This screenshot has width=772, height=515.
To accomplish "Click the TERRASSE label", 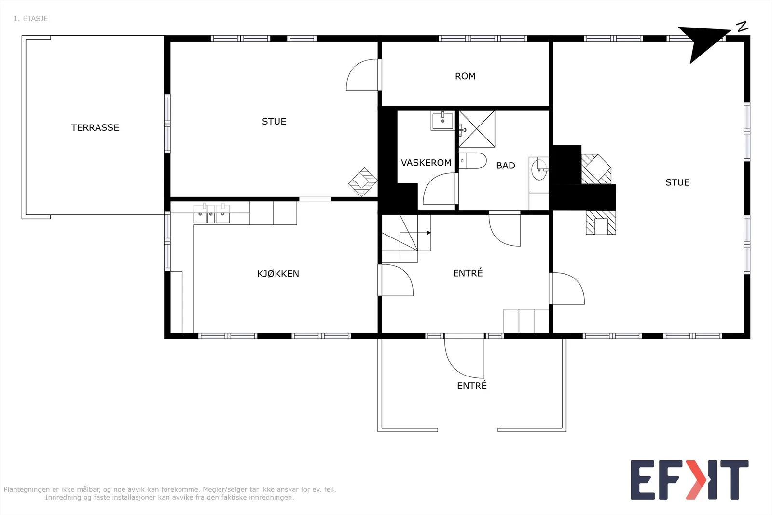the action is [95, 127].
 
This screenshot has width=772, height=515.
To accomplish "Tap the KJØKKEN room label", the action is [278, 274].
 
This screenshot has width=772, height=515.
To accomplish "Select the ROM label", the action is [465, 76].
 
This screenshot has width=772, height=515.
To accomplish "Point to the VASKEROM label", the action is [426, 163].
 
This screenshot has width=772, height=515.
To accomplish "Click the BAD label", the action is [506, 166].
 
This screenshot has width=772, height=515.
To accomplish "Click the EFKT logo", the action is [689, 479].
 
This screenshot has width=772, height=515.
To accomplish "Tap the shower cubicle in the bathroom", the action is [477, 129].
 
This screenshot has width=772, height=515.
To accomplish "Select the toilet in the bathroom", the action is [472, 161].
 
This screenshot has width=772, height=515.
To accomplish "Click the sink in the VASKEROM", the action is [442, 120].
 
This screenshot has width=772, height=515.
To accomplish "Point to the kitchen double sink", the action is [212, 213].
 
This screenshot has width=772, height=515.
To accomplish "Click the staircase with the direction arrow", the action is [406, 238].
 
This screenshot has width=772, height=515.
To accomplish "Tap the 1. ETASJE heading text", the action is [31, 19].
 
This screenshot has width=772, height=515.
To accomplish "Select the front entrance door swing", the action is [464, 359].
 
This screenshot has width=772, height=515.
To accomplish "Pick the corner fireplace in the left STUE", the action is [362, 182].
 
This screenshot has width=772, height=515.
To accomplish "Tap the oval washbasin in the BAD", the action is [539, 169].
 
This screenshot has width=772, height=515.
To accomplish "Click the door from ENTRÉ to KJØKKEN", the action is [396, 280].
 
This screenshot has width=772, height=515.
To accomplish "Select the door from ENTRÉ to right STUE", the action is [567, 288].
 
